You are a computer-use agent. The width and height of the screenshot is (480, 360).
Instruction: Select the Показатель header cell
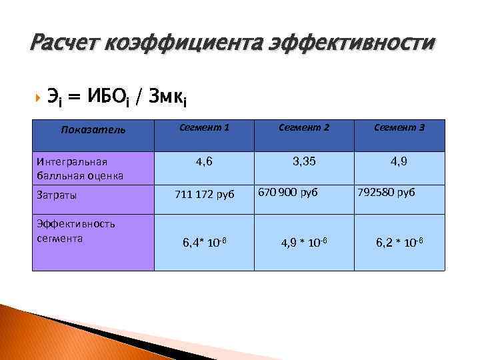[x=93, y=129]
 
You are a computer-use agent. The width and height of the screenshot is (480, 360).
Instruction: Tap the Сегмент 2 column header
[x=305, y=127]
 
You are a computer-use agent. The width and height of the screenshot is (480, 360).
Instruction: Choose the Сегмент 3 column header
[x=399, y=127]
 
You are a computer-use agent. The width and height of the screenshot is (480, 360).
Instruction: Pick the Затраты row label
[x=57, y=195]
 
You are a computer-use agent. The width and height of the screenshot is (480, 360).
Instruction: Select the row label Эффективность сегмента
[x=67, y=231]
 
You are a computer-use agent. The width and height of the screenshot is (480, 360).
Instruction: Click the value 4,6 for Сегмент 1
[x=205, y=161]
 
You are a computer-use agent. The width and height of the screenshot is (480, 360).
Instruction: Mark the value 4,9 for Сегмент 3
[x=399, y=161]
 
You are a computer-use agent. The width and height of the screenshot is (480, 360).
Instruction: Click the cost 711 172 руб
[x=205, y=195]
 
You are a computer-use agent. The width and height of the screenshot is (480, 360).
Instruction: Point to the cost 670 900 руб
[x=289, y=192]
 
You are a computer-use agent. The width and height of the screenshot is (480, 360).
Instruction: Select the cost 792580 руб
[x=386, y=192]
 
